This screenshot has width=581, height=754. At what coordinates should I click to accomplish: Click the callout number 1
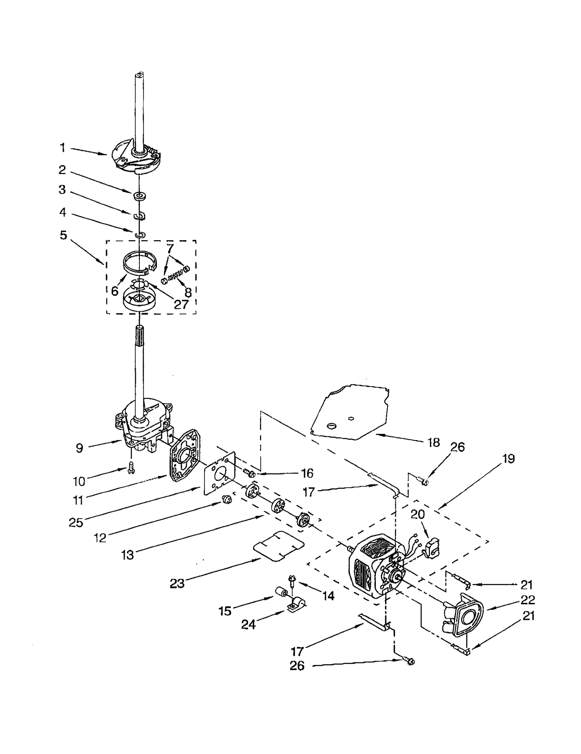click(63, 148)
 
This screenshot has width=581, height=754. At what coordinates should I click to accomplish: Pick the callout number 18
click(434, 442)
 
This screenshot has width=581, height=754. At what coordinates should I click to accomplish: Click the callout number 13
click(128, 555)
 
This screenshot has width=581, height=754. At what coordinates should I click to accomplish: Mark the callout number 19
click(508, 459)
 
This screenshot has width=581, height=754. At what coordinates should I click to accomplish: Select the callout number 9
click(80, 448)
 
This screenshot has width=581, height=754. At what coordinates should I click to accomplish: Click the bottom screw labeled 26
click(409, 661)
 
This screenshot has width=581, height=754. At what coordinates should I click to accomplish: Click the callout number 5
click(64, 235)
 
